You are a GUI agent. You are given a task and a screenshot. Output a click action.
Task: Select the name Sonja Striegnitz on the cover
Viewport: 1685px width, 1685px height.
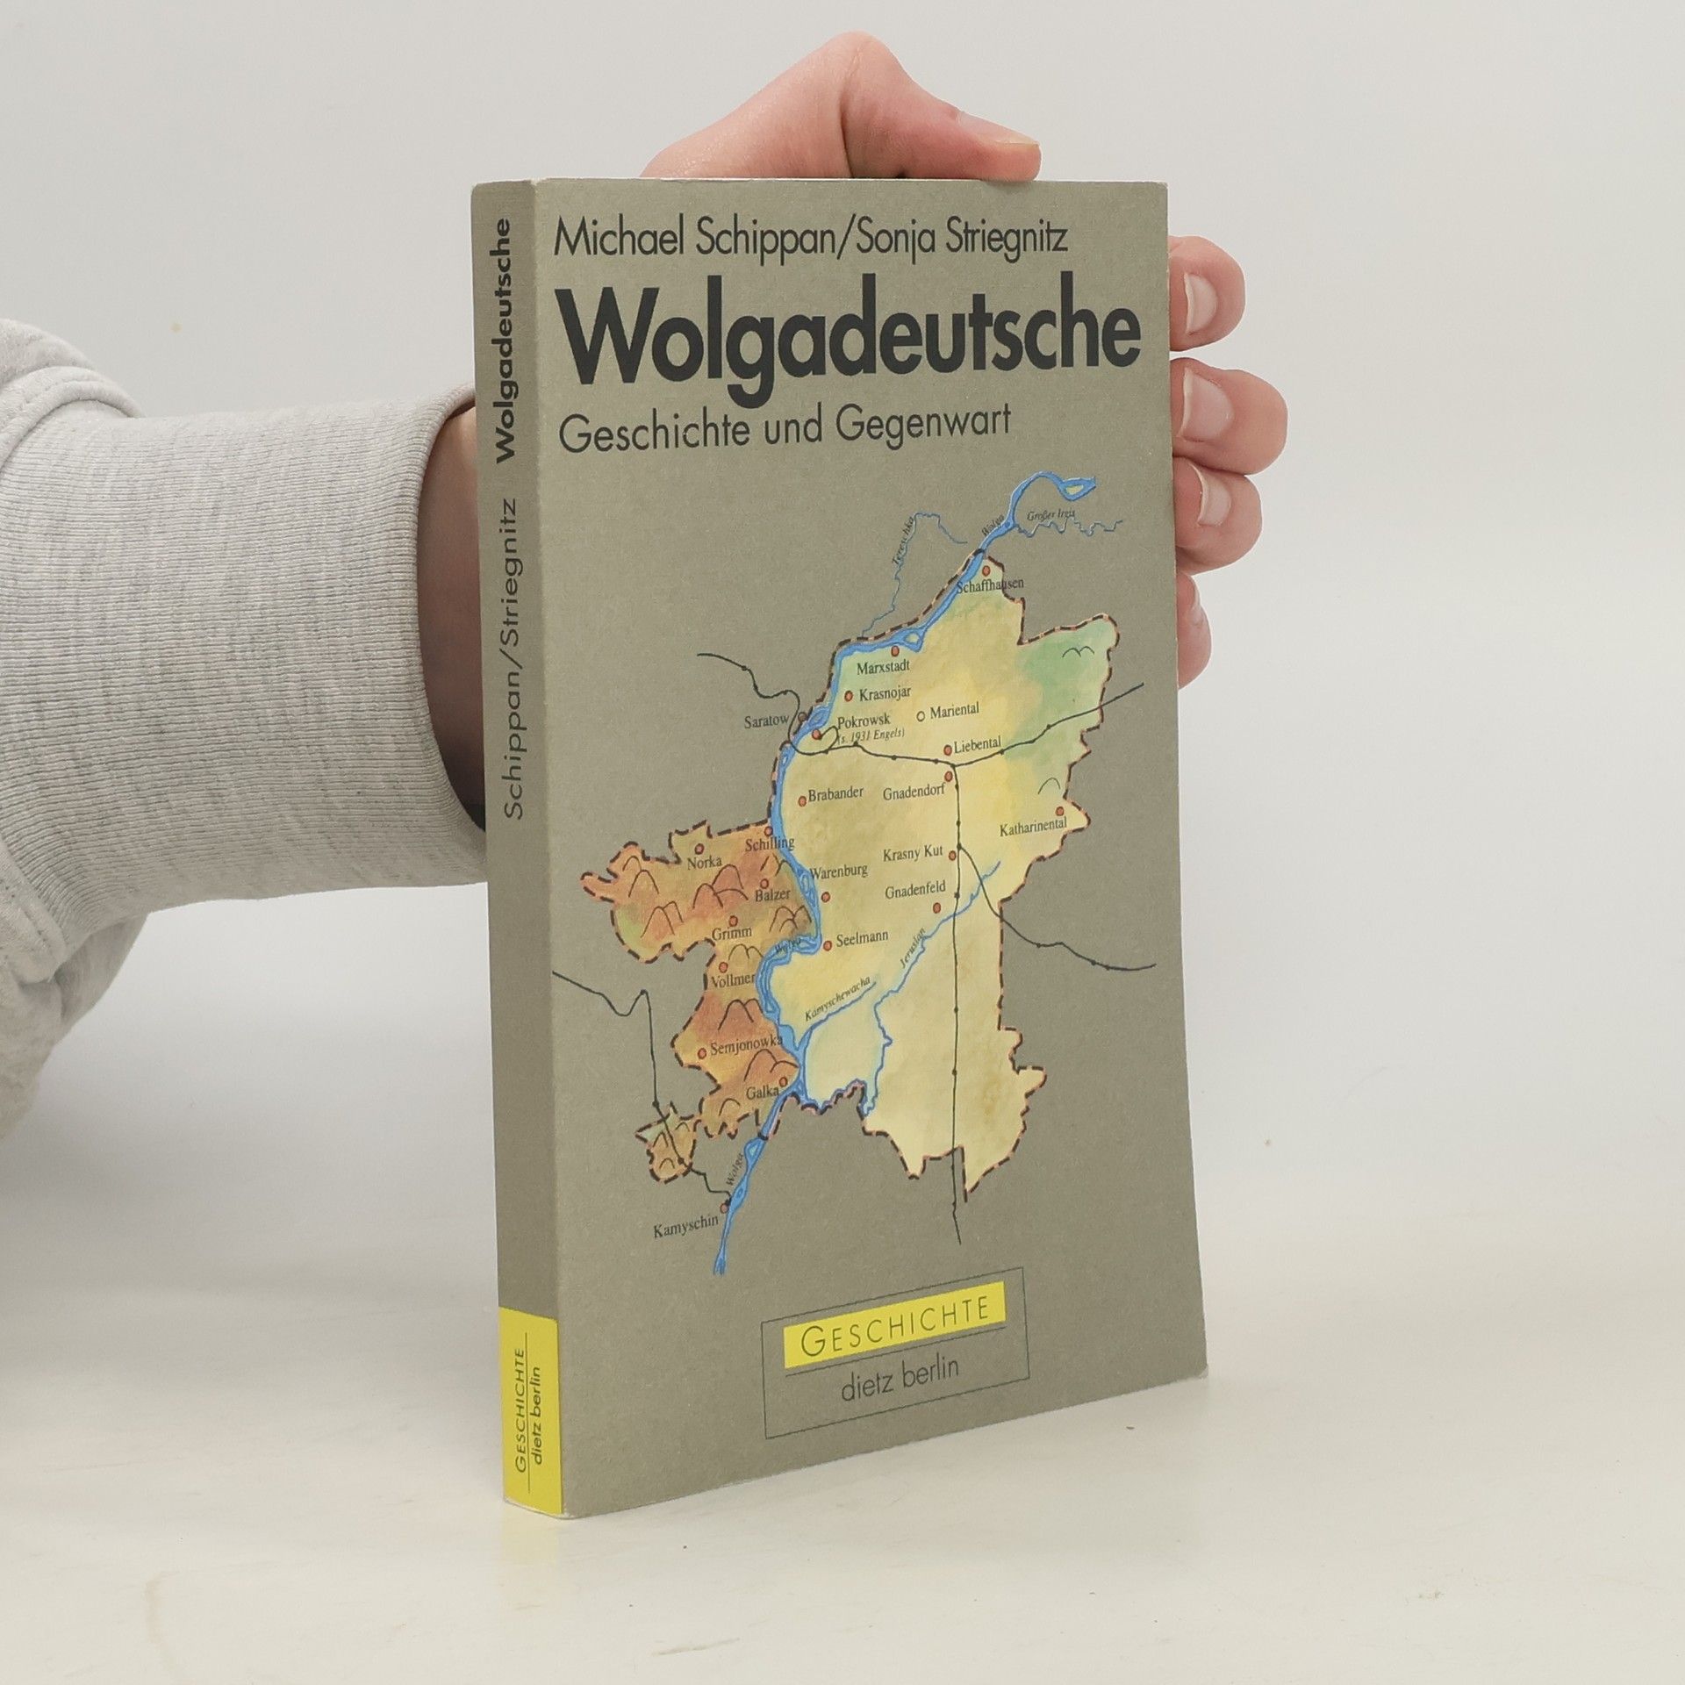click(957, 239)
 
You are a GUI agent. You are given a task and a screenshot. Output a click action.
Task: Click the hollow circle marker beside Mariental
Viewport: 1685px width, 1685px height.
click(921, 713)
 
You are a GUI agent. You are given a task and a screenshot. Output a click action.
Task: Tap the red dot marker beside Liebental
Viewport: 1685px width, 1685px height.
click(947, 749)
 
